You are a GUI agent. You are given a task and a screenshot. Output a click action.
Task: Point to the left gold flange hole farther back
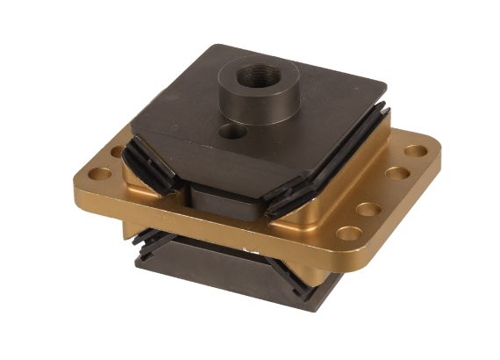coord(117,150)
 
